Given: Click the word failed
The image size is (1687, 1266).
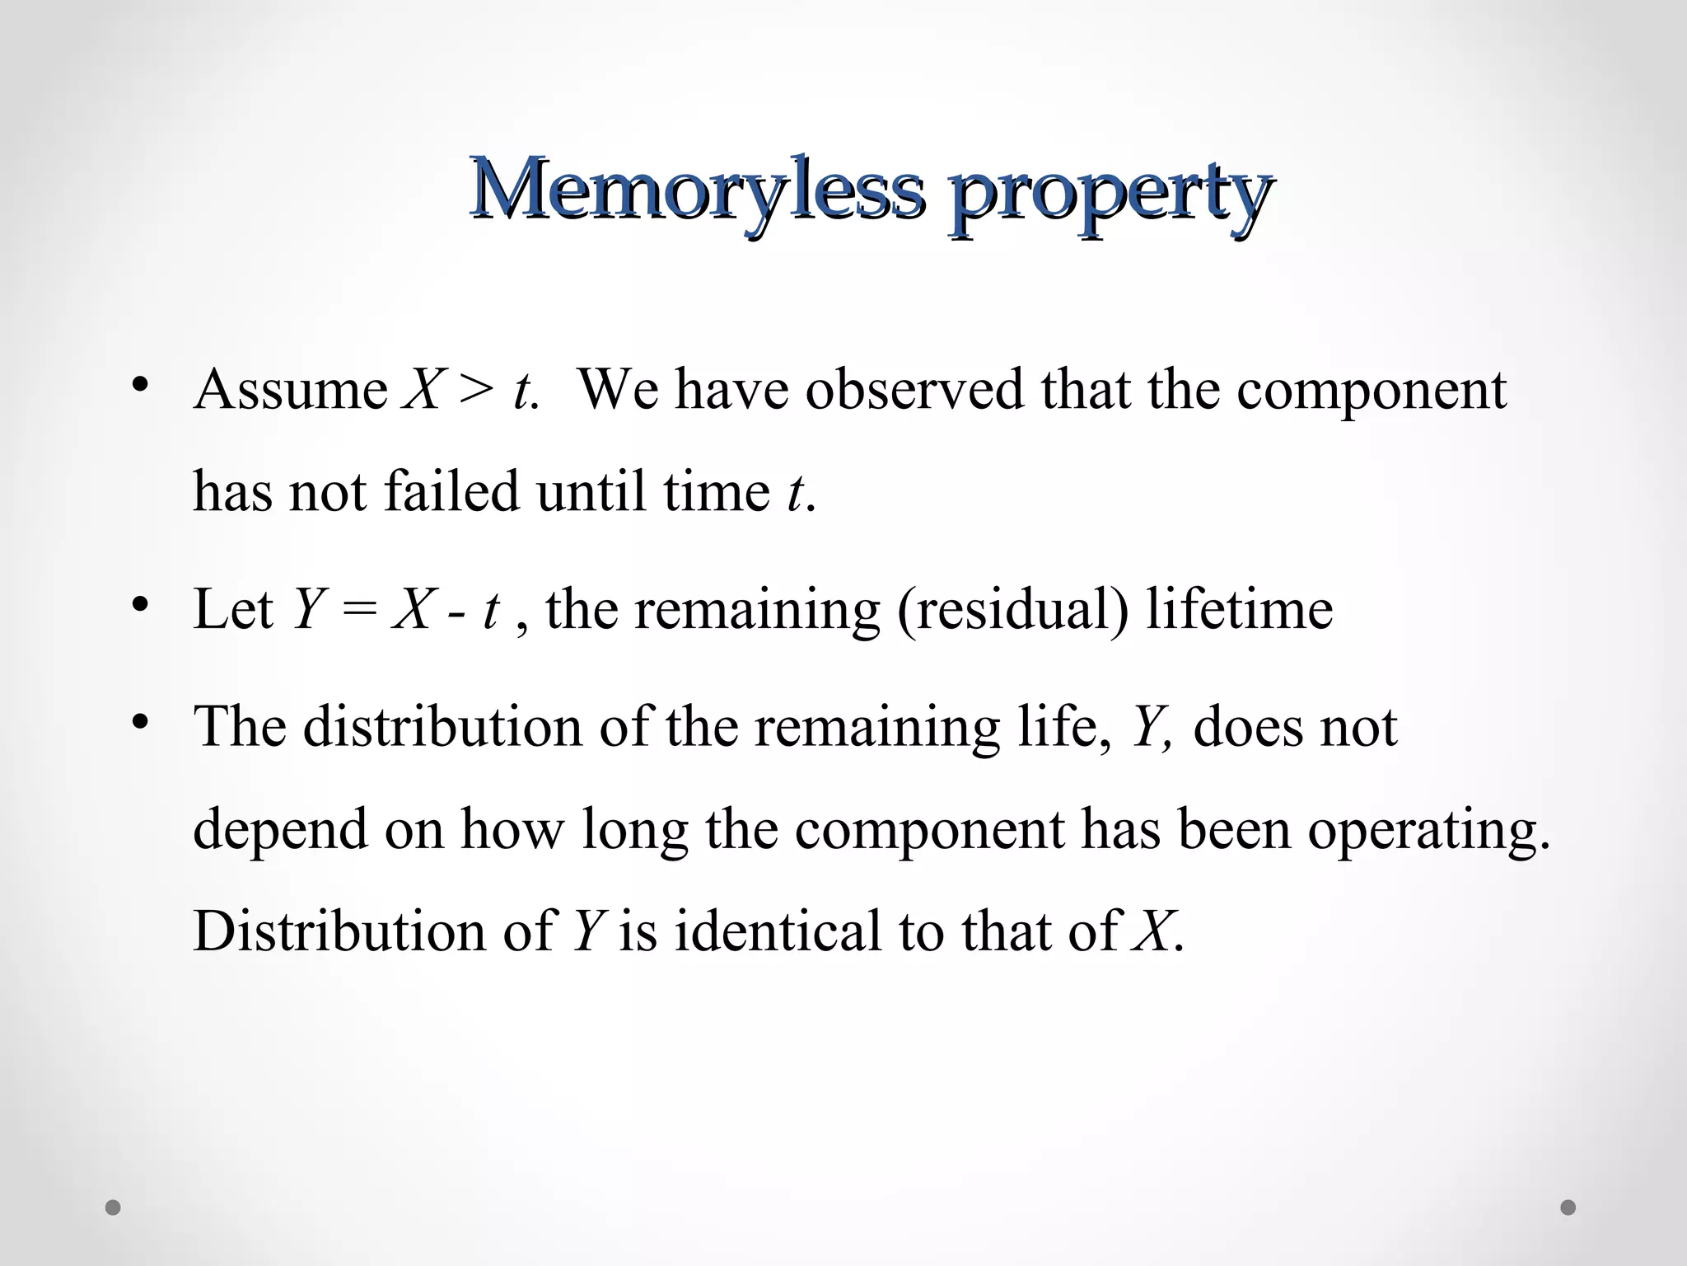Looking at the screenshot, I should click(451, 491).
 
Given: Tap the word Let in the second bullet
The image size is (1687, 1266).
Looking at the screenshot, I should click(233, 609).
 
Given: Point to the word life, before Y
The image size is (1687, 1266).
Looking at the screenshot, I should click(1063, 727).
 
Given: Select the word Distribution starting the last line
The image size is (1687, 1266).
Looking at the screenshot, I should click(339, 931).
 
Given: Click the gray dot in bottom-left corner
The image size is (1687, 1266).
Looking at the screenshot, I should click(114, 1207).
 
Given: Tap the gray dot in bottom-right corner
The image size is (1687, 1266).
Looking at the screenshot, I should click(1568, 1207).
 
